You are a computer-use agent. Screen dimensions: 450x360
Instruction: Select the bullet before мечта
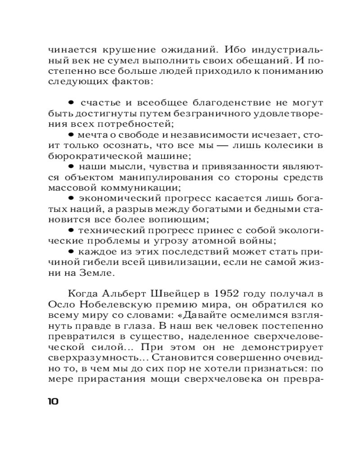pyautogui.click(x=71, y=135)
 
